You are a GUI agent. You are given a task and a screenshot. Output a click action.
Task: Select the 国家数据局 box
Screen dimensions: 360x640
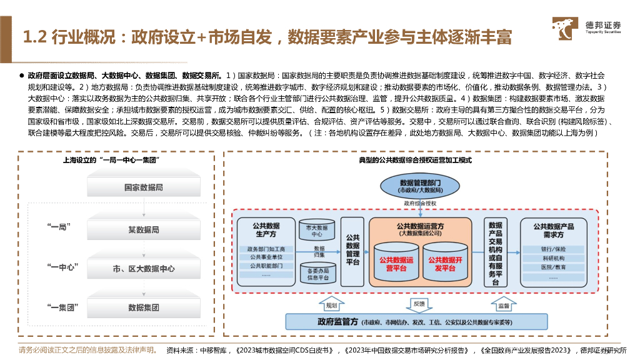(143, 187)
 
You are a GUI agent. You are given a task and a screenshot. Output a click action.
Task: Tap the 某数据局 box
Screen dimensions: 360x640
(143, 230)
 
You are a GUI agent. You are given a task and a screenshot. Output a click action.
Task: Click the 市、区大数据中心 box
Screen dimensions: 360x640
(143, 269)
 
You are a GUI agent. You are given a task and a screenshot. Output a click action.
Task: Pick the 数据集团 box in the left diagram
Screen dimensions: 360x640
(143, 307)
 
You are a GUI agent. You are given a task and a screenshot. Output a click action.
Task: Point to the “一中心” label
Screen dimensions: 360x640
(62, 267)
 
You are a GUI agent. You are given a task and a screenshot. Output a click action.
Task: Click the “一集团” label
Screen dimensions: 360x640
(62, 307)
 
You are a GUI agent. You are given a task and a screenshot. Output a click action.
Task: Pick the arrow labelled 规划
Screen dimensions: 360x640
(331, 306)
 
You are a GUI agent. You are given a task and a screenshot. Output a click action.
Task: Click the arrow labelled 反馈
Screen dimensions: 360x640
(419, 304)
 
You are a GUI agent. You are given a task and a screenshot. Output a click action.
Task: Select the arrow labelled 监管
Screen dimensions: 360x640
(503, 306)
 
